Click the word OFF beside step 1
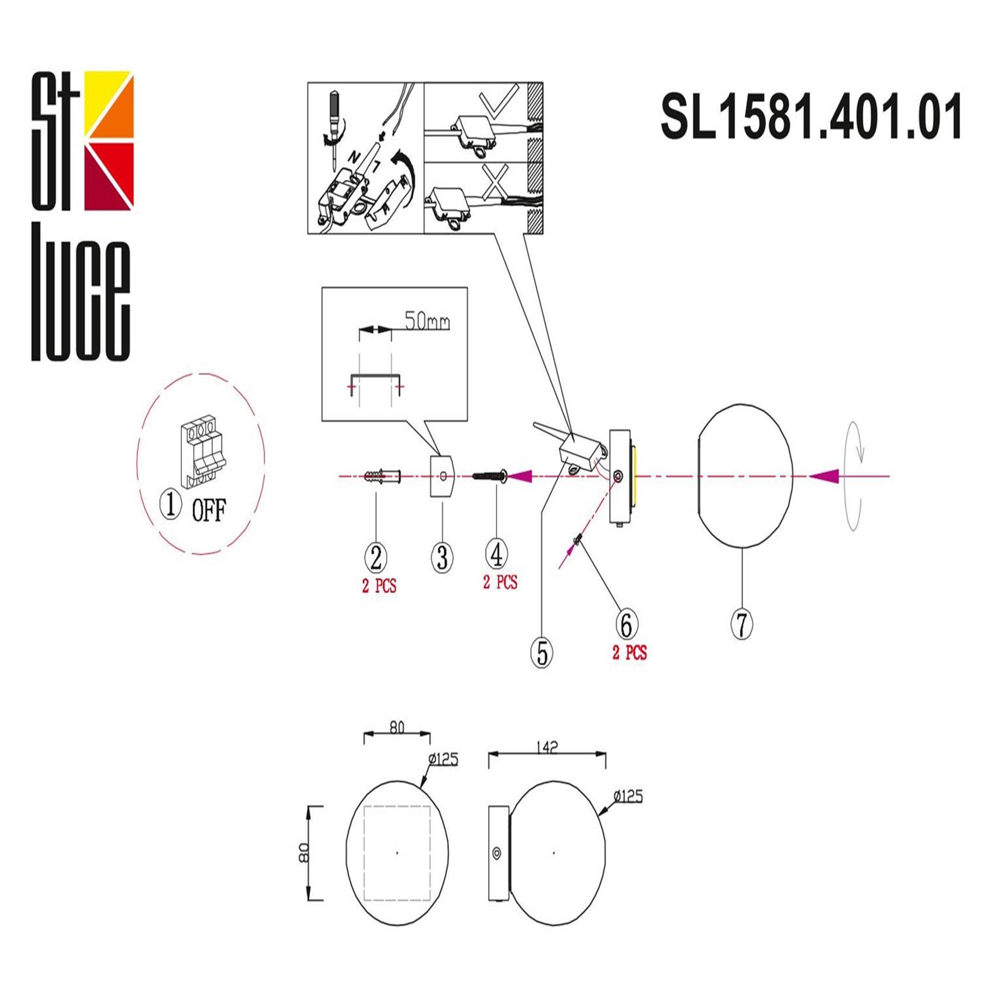(x=209, y=510)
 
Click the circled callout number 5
(x=542, y=653)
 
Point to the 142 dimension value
(x=547, y=747)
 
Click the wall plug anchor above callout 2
(x=383, y=475)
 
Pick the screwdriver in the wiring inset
(x=335, y=129)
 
